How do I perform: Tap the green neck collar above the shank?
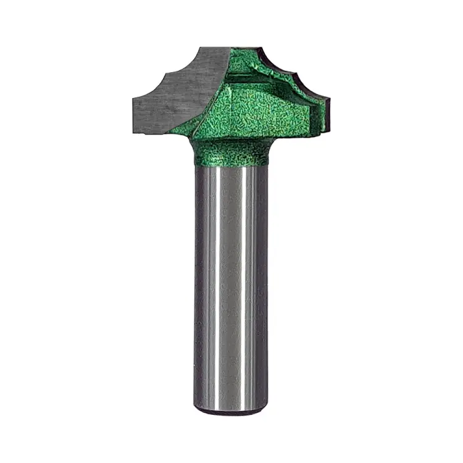231,151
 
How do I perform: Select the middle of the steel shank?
231,284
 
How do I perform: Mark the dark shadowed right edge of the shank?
264,284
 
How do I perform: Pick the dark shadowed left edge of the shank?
199,284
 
